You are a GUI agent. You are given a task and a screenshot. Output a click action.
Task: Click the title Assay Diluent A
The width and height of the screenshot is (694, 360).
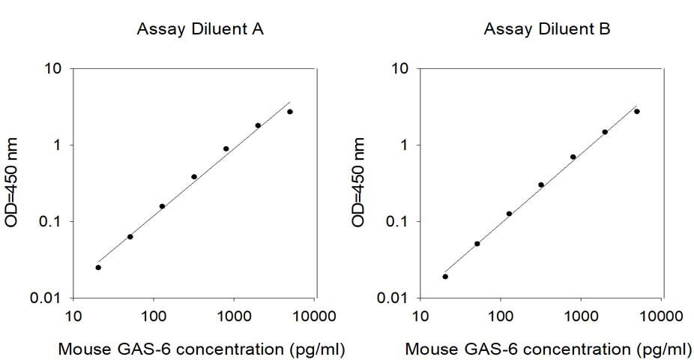[199, 30]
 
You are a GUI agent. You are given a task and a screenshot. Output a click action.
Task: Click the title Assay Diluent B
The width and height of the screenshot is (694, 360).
[547, 30]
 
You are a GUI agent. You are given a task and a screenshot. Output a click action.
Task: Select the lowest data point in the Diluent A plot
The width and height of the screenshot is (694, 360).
[98, 267]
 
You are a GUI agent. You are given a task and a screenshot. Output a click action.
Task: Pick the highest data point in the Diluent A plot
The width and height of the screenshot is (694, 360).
[290, 112]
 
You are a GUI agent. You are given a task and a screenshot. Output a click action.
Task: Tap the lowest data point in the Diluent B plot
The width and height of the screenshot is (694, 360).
[445, 276]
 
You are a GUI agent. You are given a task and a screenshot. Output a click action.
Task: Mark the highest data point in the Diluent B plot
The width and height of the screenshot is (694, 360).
[637, 111]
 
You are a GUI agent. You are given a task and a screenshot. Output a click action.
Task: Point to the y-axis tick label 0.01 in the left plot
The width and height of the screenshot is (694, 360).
[47, 298]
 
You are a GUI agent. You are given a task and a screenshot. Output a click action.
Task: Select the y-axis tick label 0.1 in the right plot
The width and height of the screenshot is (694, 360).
[397, 222]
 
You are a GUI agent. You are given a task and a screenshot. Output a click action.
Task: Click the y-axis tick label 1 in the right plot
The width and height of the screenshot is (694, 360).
[406, 145]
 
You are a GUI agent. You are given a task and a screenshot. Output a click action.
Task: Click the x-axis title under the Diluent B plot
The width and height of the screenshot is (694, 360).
[549, 349]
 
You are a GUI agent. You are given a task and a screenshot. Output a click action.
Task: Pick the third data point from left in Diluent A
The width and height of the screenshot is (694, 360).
[162, 205]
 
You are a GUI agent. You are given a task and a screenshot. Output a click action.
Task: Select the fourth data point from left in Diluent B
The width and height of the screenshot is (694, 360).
[541, 184]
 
